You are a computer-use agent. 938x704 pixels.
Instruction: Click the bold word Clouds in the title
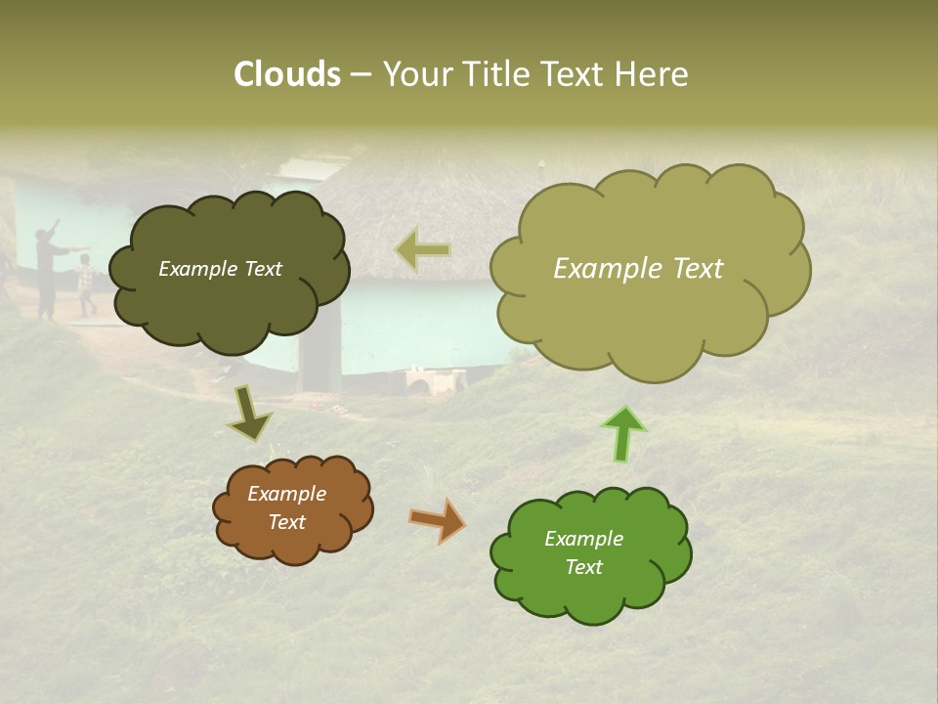pyautogui.click(x=287, y=74)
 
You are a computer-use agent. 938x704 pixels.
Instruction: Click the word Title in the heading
pyautogui.click(x=494, y=74)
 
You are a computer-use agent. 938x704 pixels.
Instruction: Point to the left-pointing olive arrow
pyautogui.click(x=423, y=250)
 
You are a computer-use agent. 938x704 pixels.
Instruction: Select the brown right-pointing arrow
pyautogui.click(x=437, y=520)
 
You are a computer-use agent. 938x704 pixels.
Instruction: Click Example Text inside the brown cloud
pyautogui.click(x=287, y=507)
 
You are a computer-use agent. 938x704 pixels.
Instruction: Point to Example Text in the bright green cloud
pyautogui.click(x=583, y=552)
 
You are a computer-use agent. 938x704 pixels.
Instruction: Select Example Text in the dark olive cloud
pyautogui.click(x=220, y=269)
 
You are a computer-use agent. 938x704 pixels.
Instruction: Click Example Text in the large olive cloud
pyautogui.click(x=638, y=269)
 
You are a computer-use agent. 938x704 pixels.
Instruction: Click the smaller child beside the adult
pyautogui.click(x=86, y=285)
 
